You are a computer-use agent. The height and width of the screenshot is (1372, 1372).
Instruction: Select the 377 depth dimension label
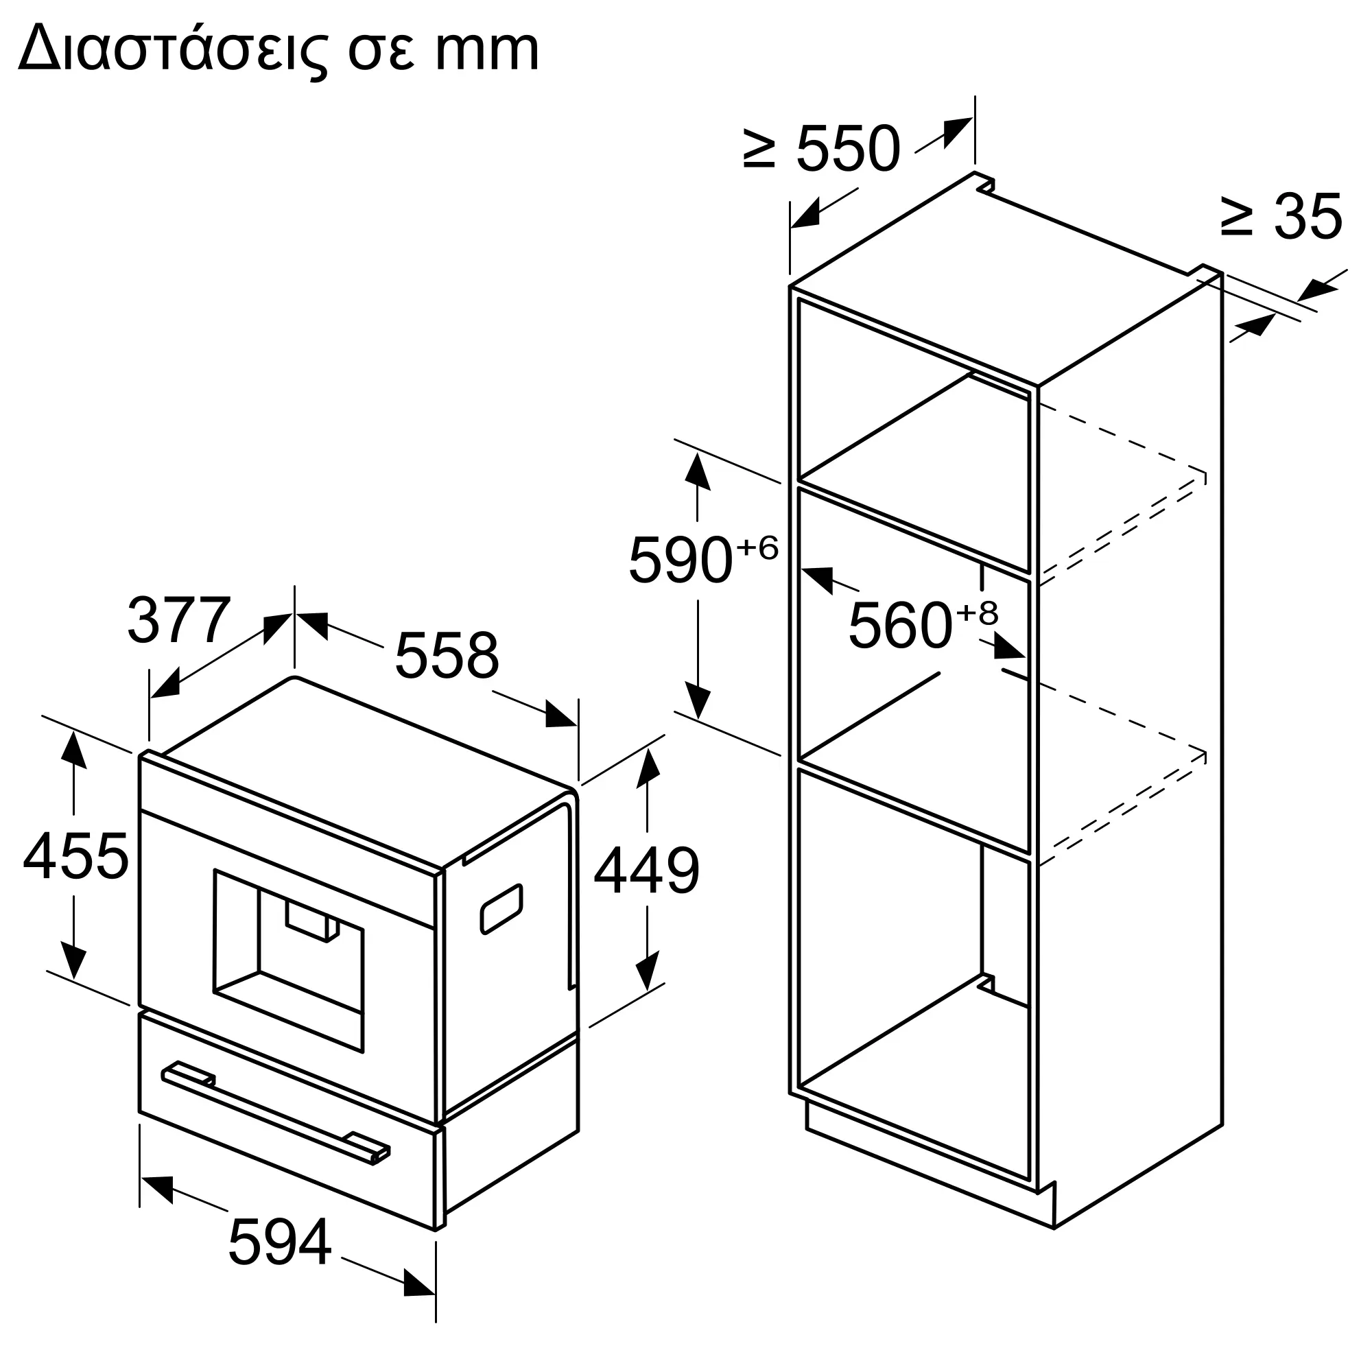(x=179, y=620)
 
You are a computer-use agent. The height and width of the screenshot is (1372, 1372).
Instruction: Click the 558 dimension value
(x=447, y=654)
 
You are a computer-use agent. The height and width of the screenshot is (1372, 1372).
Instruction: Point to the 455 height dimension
(x=75, y=855)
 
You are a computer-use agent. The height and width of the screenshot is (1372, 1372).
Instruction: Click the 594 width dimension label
(x=280, y=1242)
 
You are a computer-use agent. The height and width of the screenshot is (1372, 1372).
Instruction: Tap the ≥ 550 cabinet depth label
(x=821, y=149)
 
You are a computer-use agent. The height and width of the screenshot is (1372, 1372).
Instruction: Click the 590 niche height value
(x=681, y=560)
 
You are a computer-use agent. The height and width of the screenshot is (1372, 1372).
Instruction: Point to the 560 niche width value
(x=900, y=626)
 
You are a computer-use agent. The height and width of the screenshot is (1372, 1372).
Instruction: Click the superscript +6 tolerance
(x=757, y=547)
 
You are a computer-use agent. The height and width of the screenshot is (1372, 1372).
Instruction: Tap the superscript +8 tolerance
(x=977, y=612)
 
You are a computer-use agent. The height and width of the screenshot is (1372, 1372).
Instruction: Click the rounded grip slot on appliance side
(x=501, y=909)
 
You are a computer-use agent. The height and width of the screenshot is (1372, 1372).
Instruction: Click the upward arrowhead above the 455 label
(x=73, y=750)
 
